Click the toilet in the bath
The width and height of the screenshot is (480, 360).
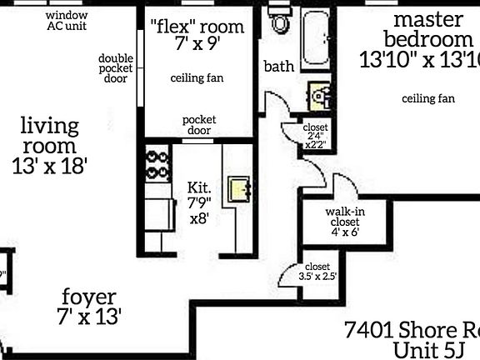280,22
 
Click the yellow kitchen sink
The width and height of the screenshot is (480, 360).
240,190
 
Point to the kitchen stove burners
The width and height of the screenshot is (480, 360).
156,165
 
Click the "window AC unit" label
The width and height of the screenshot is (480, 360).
67,21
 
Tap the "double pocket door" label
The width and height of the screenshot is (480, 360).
116,69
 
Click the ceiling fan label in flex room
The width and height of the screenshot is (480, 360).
197,78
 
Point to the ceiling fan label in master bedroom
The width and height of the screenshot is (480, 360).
428,98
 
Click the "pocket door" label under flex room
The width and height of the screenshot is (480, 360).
198,125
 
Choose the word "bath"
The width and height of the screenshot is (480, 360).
277,67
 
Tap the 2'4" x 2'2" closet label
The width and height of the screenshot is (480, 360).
317,136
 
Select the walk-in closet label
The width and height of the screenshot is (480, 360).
344,222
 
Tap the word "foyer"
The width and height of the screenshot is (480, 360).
89,297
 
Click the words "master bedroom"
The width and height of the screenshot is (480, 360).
428,29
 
